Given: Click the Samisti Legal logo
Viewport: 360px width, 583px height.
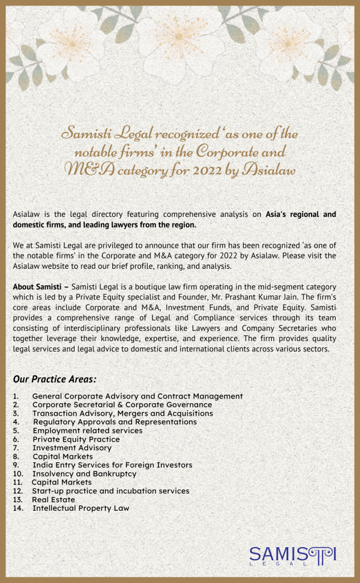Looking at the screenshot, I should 293,555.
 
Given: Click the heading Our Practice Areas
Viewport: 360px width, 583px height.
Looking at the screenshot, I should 54,379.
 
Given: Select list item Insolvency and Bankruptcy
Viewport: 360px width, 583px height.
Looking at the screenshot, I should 84,474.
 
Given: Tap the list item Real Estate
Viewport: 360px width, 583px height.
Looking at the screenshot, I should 54,500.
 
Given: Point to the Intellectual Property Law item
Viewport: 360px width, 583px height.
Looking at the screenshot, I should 81,508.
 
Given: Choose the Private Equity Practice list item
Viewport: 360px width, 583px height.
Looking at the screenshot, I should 76,440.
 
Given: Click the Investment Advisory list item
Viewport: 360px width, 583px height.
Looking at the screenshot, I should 72,448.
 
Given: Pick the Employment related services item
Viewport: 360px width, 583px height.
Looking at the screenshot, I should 88,431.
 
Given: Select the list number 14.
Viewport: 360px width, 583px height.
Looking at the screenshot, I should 18,508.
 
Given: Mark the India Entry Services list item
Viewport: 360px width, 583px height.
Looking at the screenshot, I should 112,465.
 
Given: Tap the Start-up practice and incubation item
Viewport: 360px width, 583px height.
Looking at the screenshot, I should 111,491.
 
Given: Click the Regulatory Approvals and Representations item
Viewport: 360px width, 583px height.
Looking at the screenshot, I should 115,422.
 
